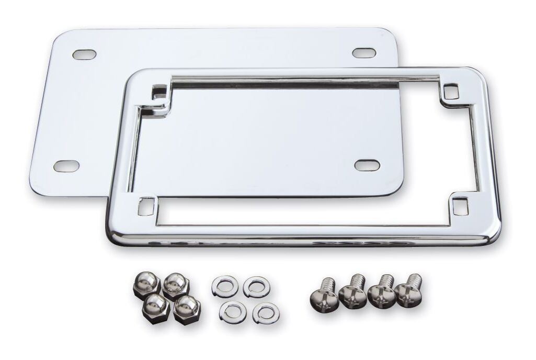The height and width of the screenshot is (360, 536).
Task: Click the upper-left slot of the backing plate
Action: [x=84, y=54]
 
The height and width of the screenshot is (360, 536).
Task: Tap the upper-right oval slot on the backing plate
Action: [x=364, y=53]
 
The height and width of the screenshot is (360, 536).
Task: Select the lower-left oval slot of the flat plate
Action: [x=66, y=166]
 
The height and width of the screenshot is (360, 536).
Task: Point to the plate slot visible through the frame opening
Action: [x=367, y=165]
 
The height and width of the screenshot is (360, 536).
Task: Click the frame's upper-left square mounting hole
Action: [x=159, y=93]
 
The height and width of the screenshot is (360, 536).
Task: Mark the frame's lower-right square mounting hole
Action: [x=460, y=206]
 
